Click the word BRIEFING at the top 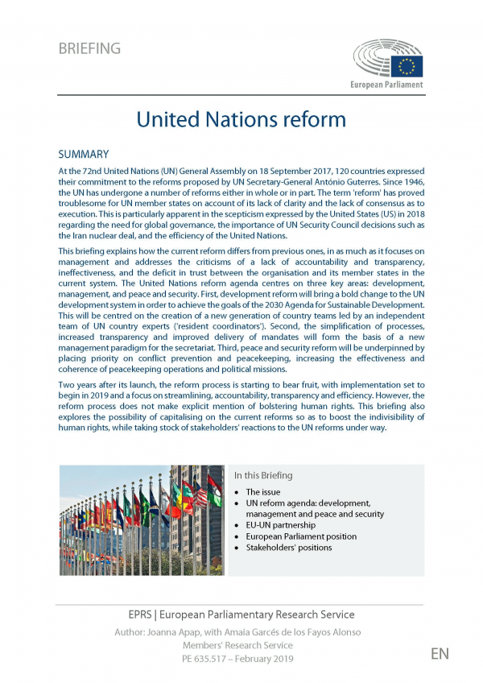pos(89,49)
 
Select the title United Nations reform pos(241,119)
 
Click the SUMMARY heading pos(84,154)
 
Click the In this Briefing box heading pos(263,475)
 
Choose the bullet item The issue pos(264,491)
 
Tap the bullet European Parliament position pos(301,536)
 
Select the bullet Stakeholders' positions pos(288,548)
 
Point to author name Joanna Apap pos(206,631)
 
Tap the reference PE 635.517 pos(211,658)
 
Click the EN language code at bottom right pos(439,653)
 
